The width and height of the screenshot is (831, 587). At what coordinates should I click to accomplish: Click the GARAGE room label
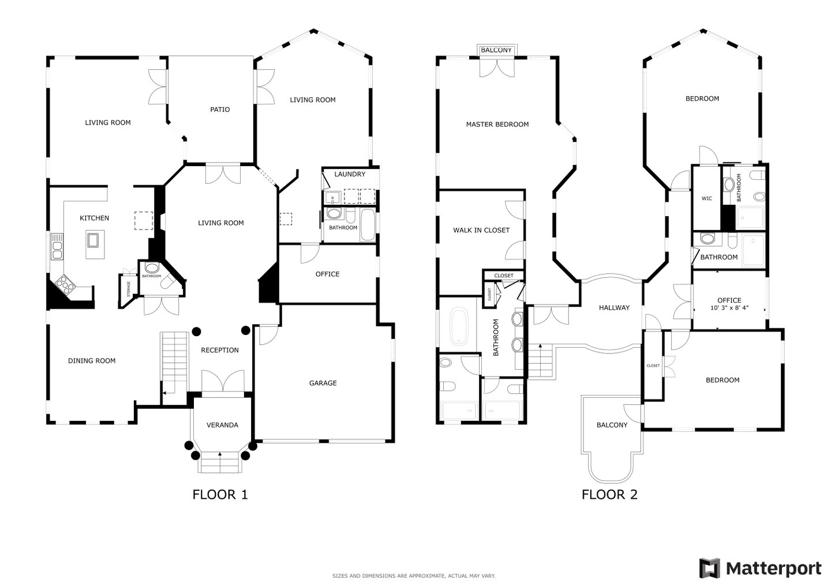point(323,383)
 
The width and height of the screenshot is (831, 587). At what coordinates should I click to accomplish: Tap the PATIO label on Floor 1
point(220,110)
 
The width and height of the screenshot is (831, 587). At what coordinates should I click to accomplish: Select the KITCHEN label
point(94,218)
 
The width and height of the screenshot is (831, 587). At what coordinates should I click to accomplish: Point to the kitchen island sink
point(93,240)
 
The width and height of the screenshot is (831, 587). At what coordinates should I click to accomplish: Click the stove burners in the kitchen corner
point(65,285)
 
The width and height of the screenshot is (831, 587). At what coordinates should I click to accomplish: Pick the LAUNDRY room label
point(350,174)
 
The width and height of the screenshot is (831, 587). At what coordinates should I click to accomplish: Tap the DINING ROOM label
point(92,361)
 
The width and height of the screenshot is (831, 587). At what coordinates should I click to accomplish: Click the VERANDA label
point(222,425)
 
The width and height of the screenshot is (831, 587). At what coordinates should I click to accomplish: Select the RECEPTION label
point(220,350)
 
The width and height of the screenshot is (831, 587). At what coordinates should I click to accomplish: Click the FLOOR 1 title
point(220,495)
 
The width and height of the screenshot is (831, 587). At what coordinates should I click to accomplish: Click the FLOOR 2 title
point(609,495)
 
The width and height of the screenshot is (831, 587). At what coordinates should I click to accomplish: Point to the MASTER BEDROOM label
point(497,125)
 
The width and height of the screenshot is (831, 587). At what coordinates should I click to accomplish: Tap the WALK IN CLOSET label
point(481,231)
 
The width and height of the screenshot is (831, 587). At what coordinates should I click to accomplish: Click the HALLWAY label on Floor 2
point(614,307)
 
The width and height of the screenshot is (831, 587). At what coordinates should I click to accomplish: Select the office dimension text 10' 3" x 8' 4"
point(729,307)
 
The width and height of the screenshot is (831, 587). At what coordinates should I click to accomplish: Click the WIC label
point(707,198)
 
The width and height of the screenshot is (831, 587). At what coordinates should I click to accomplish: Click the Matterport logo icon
point(709,568)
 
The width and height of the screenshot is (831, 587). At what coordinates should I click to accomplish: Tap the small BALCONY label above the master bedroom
point(496,50)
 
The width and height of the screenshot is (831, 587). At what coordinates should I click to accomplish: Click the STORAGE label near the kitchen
point(129,289)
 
